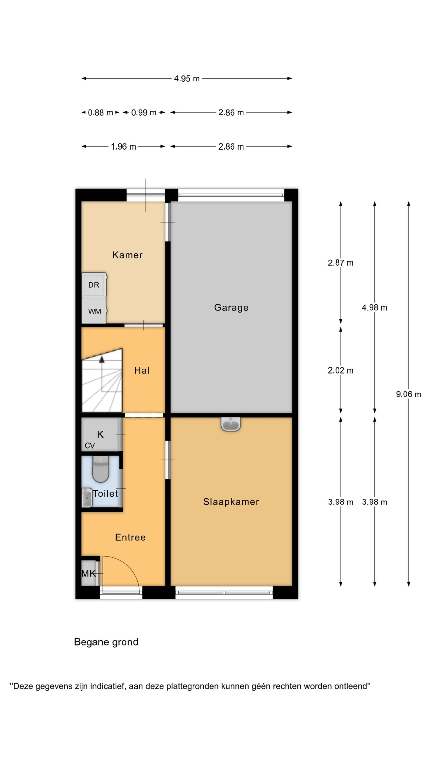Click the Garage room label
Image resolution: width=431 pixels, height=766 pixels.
point(231,308)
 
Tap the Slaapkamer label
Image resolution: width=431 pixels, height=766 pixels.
point(231,502)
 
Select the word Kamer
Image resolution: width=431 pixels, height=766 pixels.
point(127,255)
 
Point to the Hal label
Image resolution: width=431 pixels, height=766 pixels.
point(142,370)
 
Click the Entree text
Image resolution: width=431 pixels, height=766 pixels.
point(130,537)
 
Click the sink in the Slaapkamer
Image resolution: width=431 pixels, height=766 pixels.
point(231,424)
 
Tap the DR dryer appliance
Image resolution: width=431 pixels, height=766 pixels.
point(94,285)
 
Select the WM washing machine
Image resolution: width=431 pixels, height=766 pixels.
point(94,311)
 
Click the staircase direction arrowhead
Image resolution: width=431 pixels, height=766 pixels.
point(102,359)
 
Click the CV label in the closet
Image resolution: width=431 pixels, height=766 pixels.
point(89,446)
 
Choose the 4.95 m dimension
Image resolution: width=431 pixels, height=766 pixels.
point(187,79)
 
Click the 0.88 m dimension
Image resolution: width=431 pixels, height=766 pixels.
point(100,113)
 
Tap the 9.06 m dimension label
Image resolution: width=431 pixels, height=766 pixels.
point(408,394)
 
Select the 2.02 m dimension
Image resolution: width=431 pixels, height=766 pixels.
point(340,370)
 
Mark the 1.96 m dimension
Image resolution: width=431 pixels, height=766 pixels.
point(123,147)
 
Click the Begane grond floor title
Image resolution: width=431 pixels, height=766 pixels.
point(106,642)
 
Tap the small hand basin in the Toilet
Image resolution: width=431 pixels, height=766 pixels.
point(87,498)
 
